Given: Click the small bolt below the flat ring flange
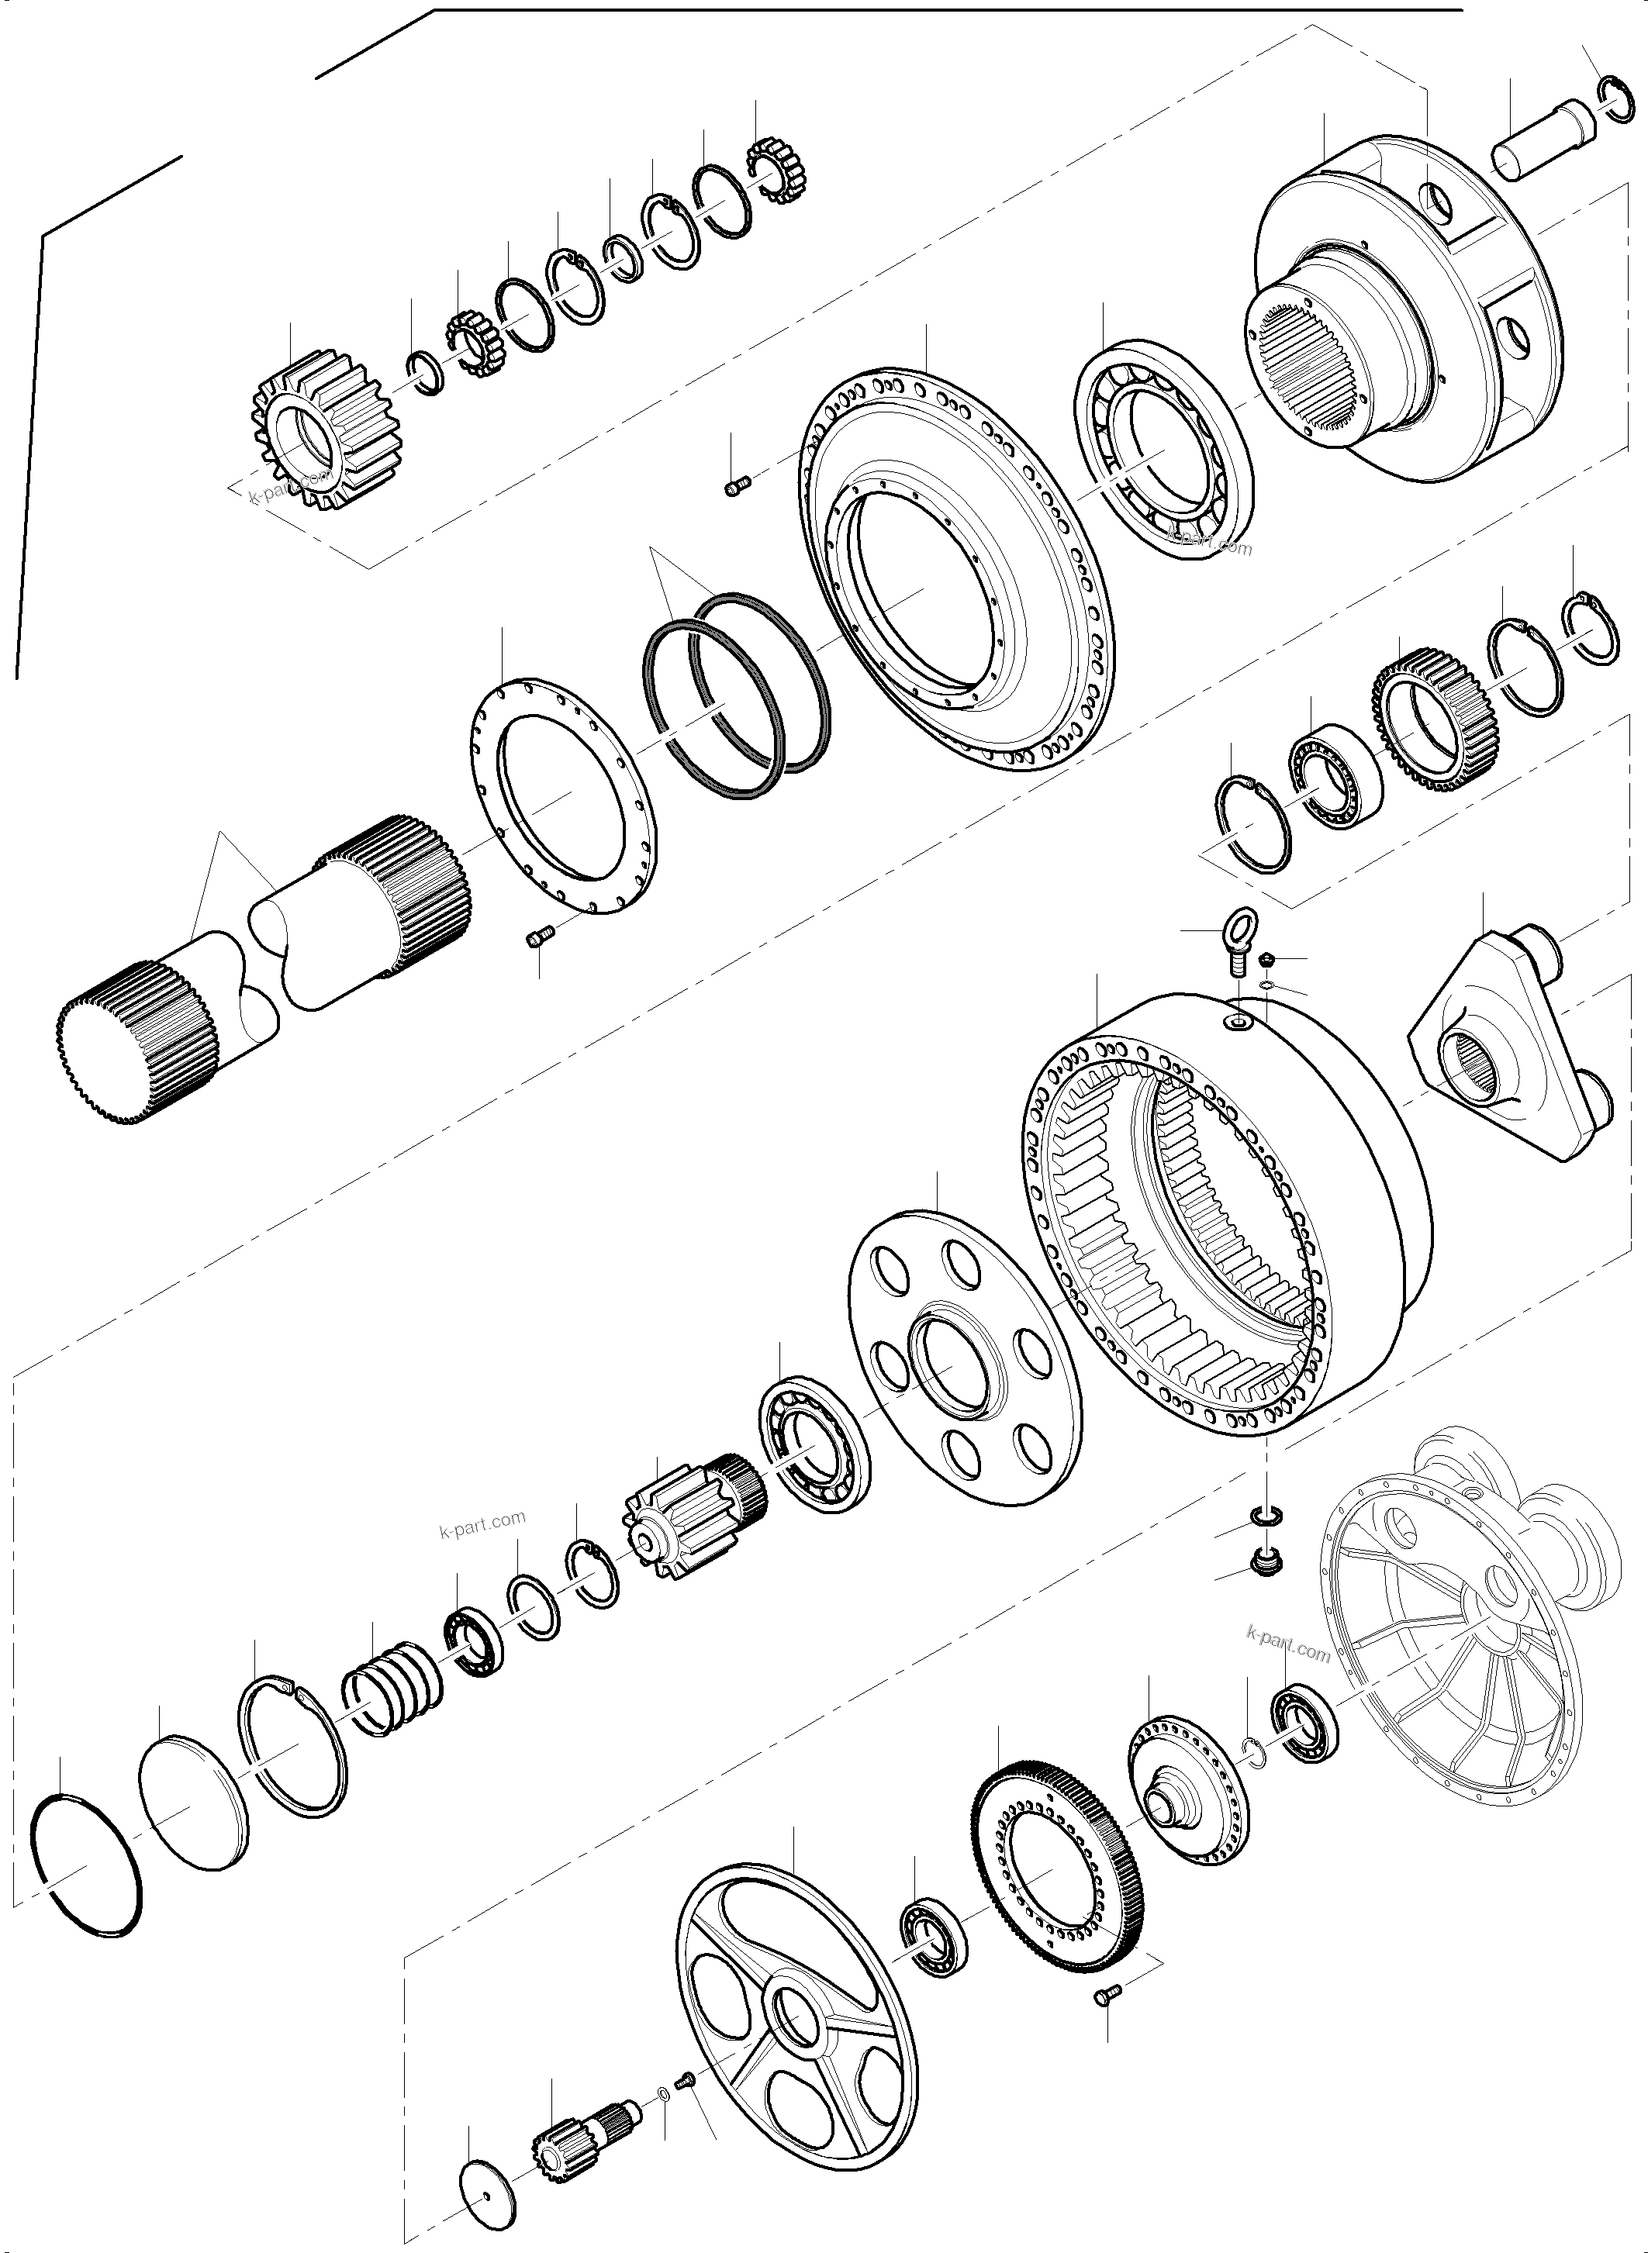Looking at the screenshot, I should (x=539, y=937).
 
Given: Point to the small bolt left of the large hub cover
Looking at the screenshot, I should (x=736, y=485).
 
